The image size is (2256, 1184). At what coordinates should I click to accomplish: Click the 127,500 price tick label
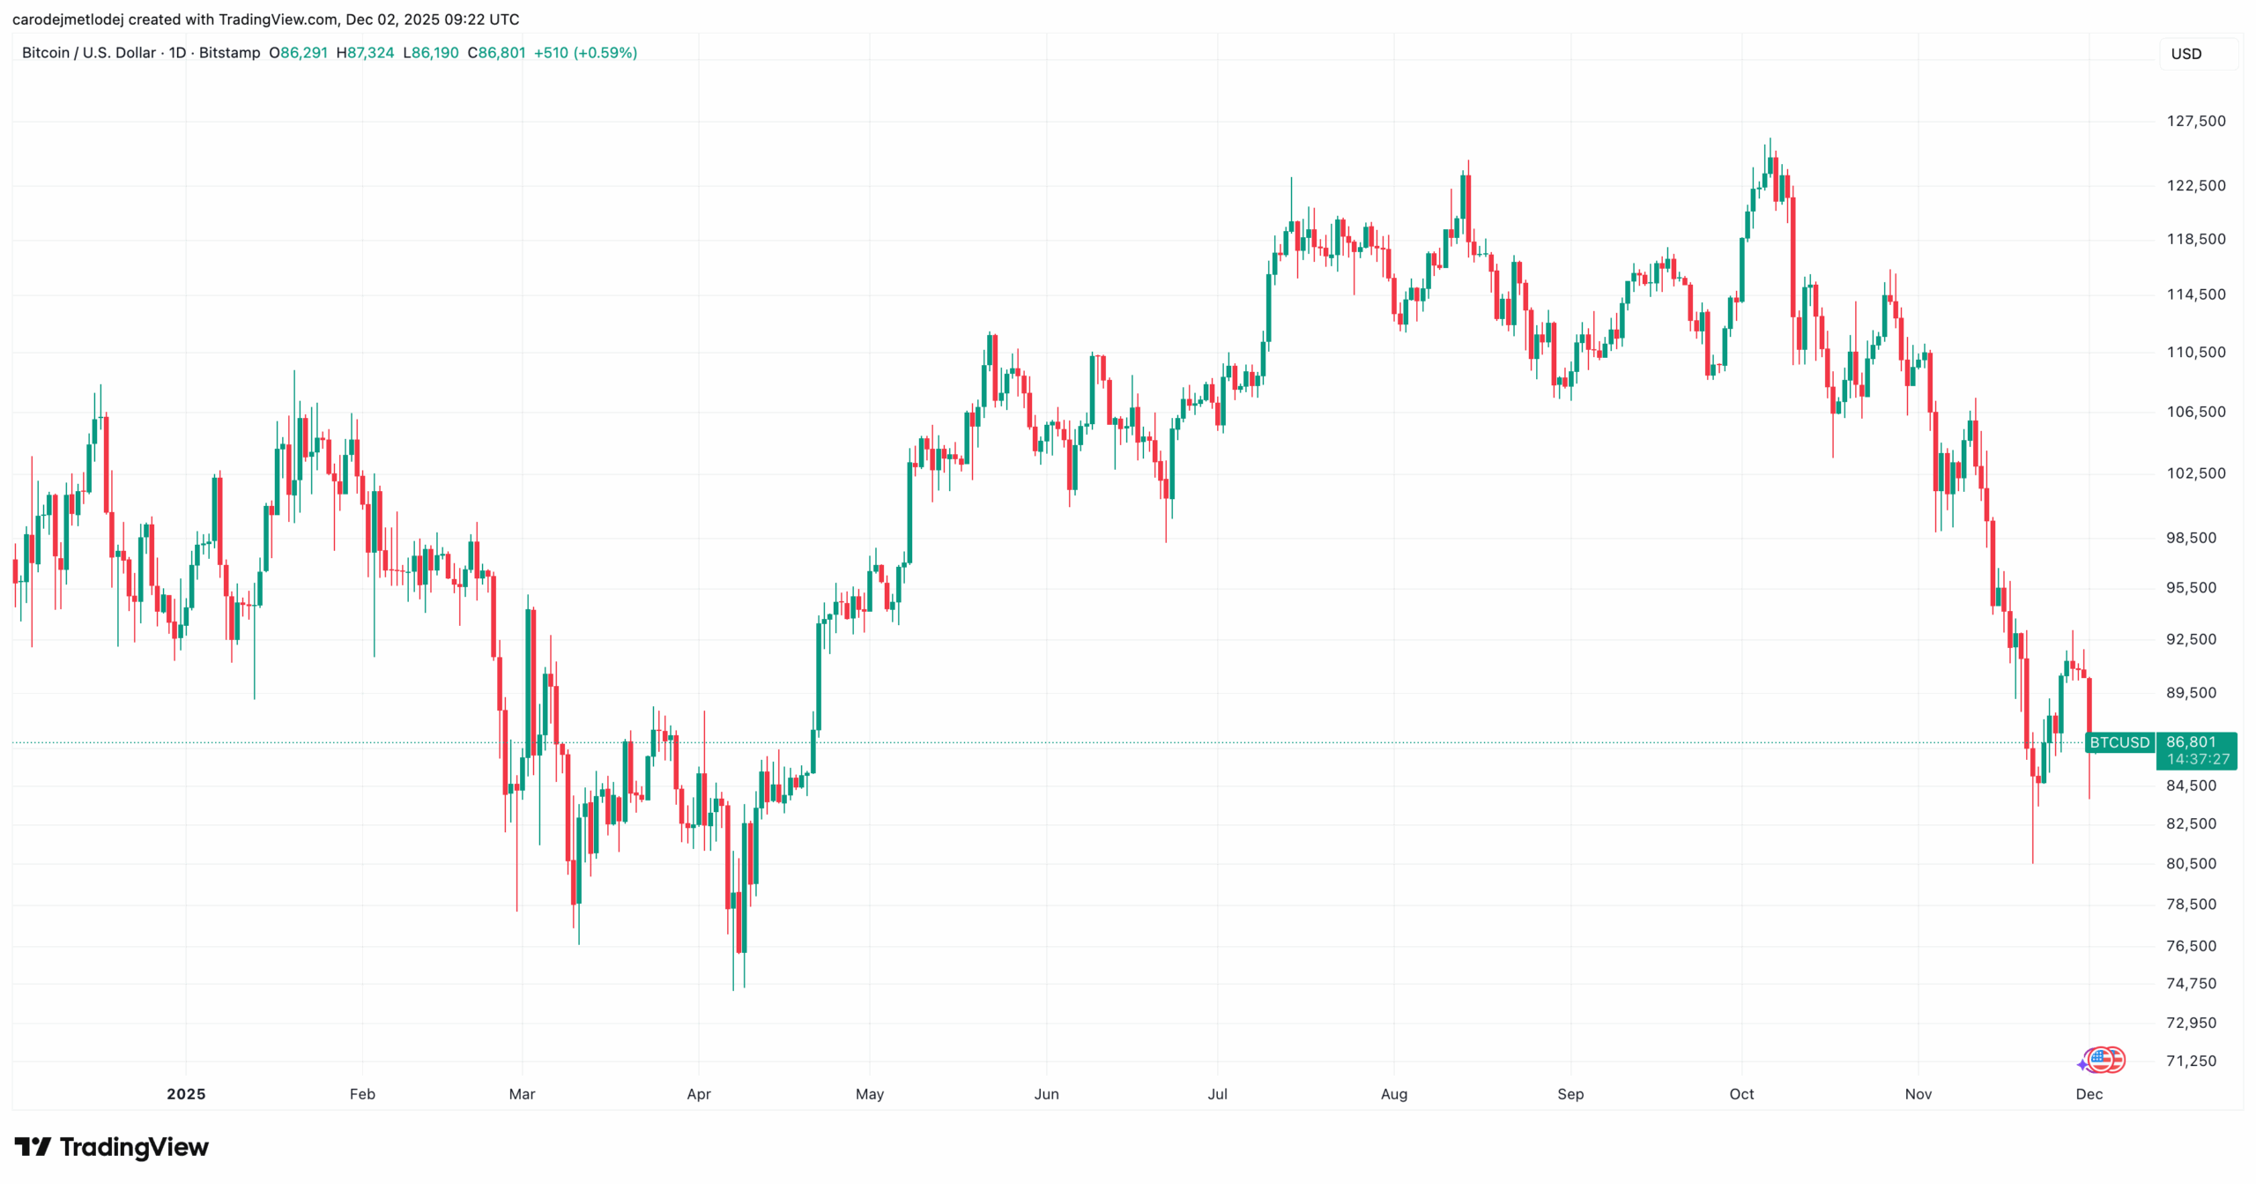[2195, 121]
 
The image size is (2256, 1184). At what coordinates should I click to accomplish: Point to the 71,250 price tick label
[2191, 1061]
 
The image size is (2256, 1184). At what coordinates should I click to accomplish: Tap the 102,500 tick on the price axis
[2195, 473]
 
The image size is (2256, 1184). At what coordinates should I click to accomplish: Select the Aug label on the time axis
[1393, 1094]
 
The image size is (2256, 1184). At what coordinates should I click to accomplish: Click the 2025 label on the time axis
[186, 1094]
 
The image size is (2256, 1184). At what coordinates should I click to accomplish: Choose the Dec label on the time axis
[2089, 1094]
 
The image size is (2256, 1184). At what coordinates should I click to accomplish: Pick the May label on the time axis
[869, 1094]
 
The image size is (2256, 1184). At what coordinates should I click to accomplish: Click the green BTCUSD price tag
[2119, 742]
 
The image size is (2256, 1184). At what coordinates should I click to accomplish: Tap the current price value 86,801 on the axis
[2191, 742]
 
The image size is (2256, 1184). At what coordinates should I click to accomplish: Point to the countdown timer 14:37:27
[2198, 759]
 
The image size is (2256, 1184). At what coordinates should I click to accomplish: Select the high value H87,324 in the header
[365, 53]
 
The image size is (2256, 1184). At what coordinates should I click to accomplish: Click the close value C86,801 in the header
[496, 53]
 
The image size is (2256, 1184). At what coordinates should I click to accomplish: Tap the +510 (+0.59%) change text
[585, 53]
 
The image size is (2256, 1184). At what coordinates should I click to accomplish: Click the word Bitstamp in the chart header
[229, 53]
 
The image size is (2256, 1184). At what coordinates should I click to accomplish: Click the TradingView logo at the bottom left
[111, 1147]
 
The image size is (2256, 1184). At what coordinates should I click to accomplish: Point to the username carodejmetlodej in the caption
[67, 19]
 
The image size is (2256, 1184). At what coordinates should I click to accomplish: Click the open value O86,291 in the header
[298, 53]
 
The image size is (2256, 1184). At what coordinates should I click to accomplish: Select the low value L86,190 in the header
[431, 53]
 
